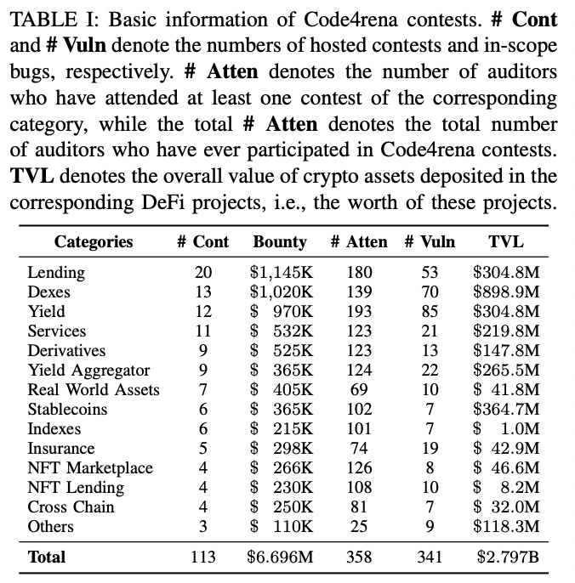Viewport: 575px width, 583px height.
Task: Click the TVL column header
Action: point(506,241)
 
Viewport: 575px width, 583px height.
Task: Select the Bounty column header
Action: point(280,241)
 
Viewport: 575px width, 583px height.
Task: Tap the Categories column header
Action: point(94,241)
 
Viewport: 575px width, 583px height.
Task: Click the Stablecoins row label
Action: point(67,410)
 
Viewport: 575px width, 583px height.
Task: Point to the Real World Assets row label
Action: point(94,390)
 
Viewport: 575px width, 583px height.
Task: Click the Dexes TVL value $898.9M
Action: point(506,292)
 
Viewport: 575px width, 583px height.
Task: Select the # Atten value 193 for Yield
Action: point(359,312)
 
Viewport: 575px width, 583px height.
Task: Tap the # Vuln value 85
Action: point(430,312)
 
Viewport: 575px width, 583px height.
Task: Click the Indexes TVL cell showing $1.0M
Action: point(506,429)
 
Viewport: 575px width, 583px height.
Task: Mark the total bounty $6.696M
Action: point(281,558)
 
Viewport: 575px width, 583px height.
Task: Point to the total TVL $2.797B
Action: point(506,558)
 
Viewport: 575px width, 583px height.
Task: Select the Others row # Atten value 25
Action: point(359,527)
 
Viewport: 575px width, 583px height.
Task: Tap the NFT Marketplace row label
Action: point(90,468)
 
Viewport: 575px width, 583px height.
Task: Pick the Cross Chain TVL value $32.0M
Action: point(506,507)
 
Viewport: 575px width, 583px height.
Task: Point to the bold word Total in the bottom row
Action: point(46,558)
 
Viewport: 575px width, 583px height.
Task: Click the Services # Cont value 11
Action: point(202,331)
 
